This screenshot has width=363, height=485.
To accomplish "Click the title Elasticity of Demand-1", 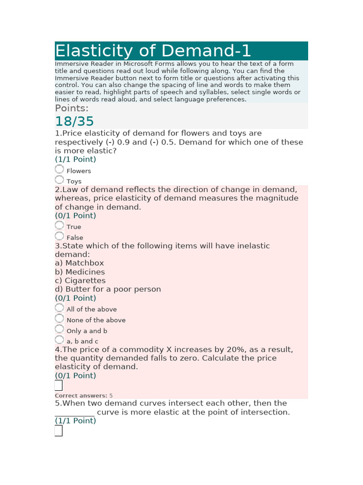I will click(153, 51).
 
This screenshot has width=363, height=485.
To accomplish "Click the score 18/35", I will click(75, 122).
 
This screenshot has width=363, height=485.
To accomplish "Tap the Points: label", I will click(72, 108).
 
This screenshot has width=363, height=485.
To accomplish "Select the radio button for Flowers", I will click(59, 169).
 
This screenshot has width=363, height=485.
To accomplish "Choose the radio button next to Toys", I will click(59, 180).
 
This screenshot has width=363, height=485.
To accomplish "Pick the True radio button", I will click(59, 225).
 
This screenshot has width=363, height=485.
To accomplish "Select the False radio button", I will click(59, 236).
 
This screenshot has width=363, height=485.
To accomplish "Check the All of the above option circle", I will click(59, 307).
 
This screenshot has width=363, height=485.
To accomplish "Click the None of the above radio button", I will click(59, 318).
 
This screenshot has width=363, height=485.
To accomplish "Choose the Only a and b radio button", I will click(59, 329).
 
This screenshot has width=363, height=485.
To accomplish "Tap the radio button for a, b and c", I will click(59, 340).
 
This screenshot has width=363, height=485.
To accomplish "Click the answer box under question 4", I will click(59, 386).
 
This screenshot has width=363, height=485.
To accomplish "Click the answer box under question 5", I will click(59, 431).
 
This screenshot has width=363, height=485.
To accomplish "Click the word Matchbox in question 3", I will click(85, 263).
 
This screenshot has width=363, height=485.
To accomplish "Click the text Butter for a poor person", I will click(113, 289).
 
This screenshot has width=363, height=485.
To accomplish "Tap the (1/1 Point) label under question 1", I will click(75, 159).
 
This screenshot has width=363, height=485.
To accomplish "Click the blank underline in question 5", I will click(75, 413).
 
